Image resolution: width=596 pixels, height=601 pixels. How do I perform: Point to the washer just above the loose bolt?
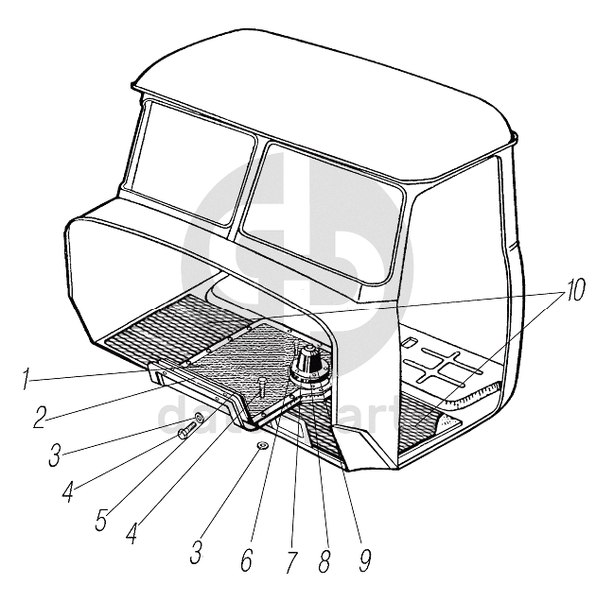tap(199, 417)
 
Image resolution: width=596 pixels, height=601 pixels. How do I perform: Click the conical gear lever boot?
tap(308, 362)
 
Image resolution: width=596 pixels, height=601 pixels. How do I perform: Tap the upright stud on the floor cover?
tap(258, 382)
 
